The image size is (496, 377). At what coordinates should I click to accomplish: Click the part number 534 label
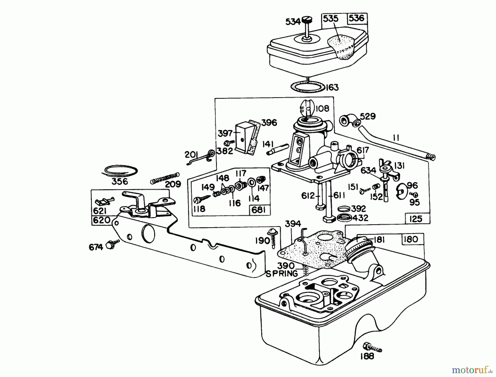292,21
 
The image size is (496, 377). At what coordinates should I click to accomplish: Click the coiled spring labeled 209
165,178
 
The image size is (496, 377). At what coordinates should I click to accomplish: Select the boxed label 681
259,210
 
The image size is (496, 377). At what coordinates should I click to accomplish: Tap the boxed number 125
416,219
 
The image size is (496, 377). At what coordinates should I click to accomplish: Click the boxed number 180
411,239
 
